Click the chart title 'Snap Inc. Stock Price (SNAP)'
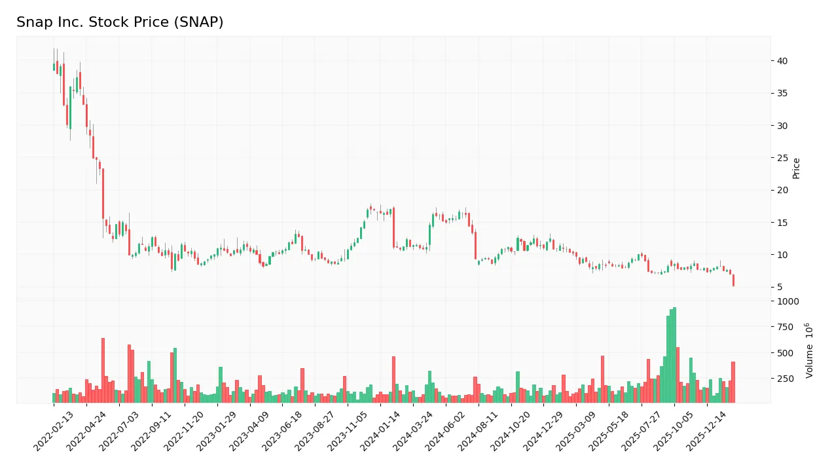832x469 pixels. click(x=120, y=22)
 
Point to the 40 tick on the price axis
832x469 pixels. click(x=782, y=61)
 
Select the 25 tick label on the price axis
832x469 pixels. click(x=782, y=158)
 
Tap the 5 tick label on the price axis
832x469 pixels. click(x=780, y=287)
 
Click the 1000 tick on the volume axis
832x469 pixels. click(x=787, y=301)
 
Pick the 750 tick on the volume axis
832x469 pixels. click(x=784, y=327)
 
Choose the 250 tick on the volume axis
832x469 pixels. click(x=784, y=379)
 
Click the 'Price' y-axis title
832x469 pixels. click(x=797, y=168)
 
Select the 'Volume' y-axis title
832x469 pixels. click(x=810, y=350)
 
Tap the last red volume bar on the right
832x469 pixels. click(x=733, y=383)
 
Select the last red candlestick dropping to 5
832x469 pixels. click(x=733, y=280)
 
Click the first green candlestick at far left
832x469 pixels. click(x=54, y=67)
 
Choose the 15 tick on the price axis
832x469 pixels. click(x=782, y=223)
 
